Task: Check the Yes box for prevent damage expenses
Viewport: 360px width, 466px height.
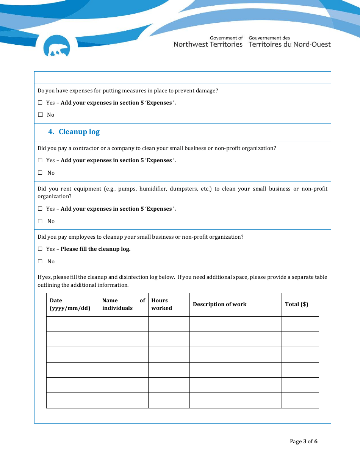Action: point(40,103)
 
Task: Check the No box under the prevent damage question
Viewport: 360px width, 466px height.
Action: point(40,115)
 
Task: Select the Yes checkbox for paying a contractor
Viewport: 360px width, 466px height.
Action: point(40,160)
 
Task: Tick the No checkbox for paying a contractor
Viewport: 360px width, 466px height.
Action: point(40,173)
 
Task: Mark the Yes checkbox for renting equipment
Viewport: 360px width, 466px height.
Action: point(40,209)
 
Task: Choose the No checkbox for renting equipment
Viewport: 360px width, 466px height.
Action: point(40,221)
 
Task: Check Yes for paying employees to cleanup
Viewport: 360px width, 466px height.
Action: point(40,249)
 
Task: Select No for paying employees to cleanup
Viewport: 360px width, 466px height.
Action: point(40,261)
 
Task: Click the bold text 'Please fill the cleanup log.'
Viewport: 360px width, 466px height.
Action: point(95,249)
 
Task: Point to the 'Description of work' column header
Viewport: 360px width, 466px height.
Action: point(220,304)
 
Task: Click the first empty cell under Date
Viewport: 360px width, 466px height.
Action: point(72,324)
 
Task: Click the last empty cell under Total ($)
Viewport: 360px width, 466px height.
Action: point(300,400)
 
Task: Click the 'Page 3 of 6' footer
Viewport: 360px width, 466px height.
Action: point(304,441)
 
